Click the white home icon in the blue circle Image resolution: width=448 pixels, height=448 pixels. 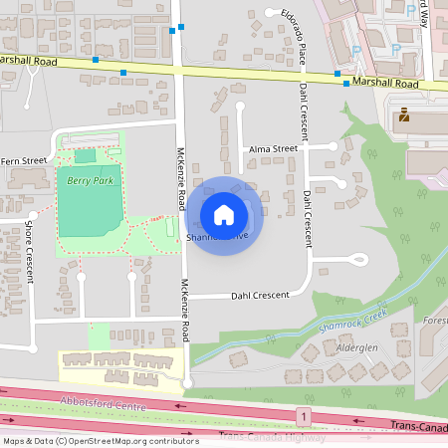224,215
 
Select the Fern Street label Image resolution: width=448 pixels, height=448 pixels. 23,160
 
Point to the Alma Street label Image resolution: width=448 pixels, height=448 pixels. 274,148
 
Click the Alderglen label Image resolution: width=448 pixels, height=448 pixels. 358,348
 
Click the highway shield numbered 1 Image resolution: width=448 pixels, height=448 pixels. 302,413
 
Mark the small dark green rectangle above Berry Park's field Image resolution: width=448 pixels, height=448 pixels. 86,155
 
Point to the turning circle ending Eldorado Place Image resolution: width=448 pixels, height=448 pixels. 272,13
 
